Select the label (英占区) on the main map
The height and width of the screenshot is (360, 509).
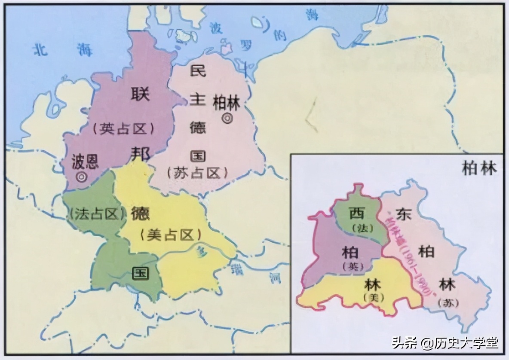coord(123,128)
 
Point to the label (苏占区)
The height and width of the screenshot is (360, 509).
coord(197,173)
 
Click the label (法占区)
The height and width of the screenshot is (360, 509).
coord(95,214)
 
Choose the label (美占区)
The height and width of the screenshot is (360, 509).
coord(170,234)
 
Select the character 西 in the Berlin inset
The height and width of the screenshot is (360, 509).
coord(356,213)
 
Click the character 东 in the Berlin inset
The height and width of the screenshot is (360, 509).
coord(404,214)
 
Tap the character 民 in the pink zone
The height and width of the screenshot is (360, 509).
coord(198,70)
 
